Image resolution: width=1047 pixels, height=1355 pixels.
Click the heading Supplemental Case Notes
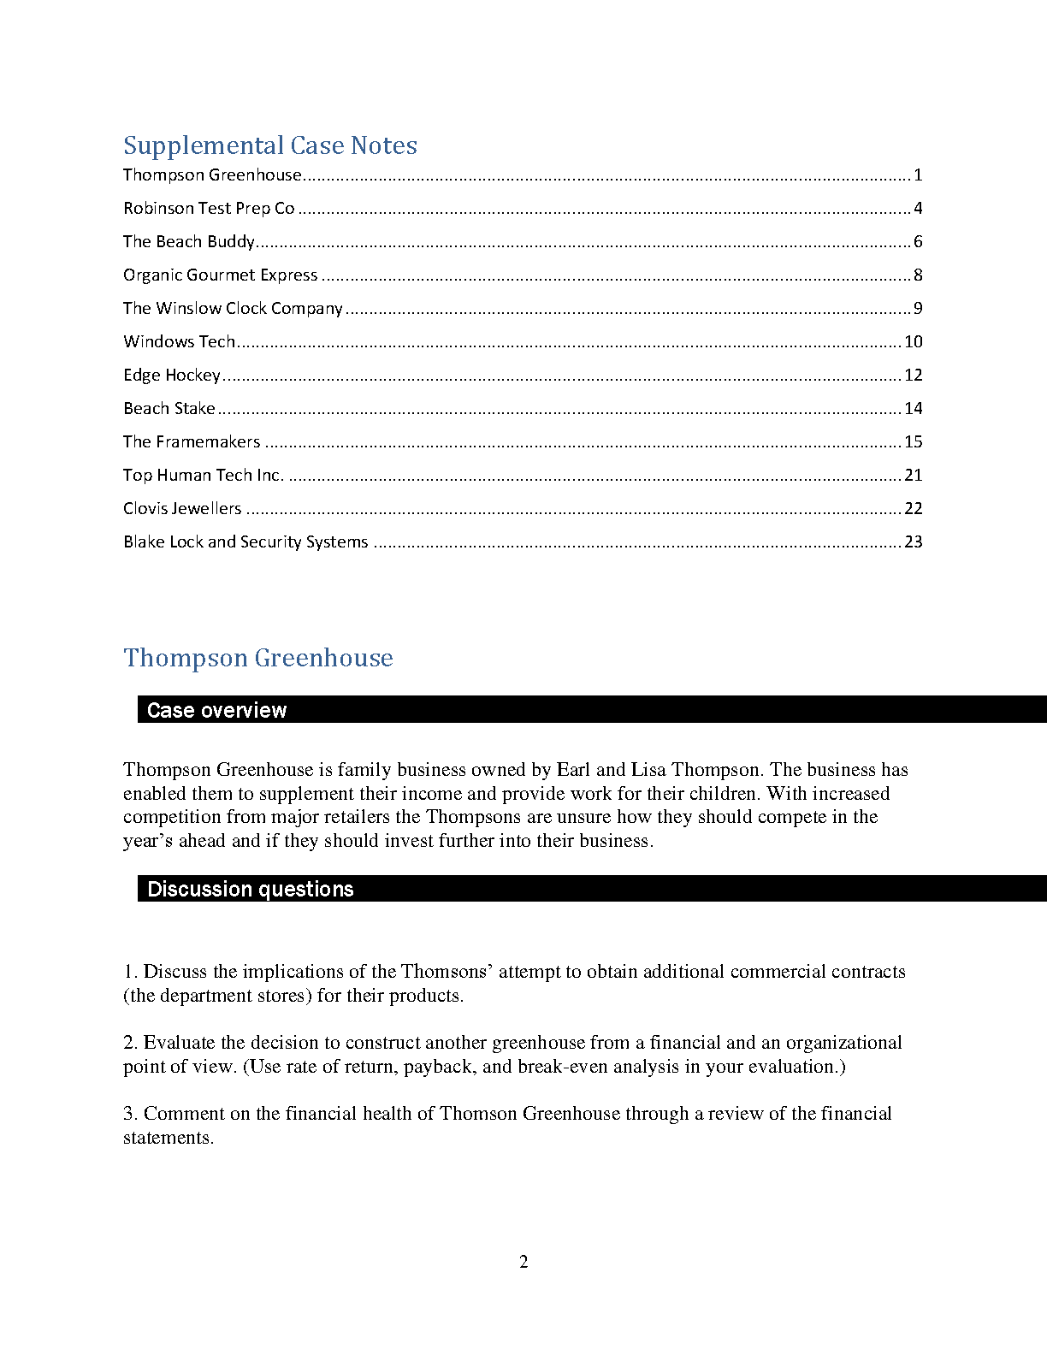(270, 145)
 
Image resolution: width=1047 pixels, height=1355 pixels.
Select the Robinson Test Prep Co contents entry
(209, 208)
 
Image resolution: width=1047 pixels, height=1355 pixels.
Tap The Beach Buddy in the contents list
(189, 241)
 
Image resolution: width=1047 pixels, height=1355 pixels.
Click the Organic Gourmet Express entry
(221, 275)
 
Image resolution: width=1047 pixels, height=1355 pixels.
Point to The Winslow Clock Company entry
(233, 308)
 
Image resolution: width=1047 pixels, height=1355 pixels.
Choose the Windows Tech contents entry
(179, 341)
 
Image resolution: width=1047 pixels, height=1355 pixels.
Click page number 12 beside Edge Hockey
(914, 375)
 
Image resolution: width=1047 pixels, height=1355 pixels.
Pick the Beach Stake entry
(169, 408)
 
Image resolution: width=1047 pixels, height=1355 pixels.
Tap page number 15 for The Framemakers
(914, 441)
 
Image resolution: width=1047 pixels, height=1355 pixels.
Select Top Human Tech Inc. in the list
(204, 475)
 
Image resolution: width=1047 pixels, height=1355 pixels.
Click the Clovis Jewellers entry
(182, 508)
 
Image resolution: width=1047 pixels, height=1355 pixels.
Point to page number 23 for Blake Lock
(914, 541)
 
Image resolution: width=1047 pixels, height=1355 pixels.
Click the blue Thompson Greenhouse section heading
(258, 658)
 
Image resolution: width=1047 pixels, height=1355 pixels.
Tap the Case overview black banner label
(217, 710)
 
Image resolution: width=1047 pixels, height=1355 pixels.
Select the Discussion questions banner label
(251, 889)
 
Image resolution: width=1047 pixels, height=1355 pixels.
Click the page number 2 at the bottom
(523, 1262)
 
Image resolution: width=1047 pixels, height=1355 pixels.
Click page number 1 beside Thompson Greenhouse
(918, 175)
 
